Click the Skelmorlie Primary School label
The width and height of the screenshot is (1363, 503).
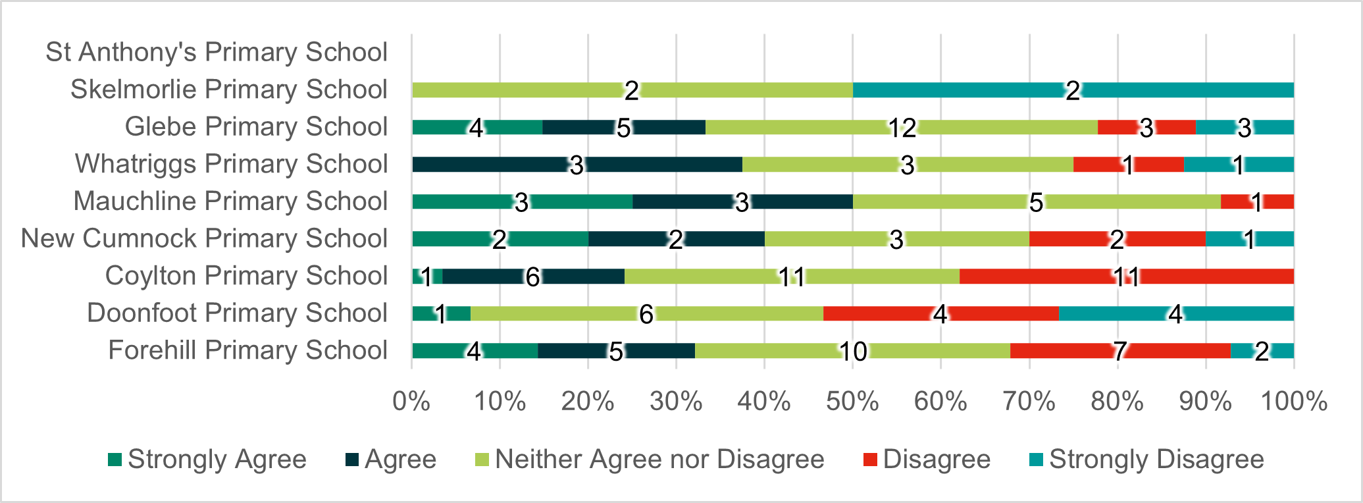228,90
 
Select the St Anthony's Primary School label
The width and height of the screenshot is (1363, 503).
217,52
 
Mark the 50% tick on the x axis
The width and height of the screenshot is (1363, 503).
852,401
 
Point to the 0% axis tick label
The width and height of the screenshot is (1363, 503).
411,401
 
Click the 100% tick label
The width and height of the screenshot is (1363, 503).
1293,401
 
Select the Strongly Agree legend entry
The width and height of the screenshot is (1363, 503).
207,459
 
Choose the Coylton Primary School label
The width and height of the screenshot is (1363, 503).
246,276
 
